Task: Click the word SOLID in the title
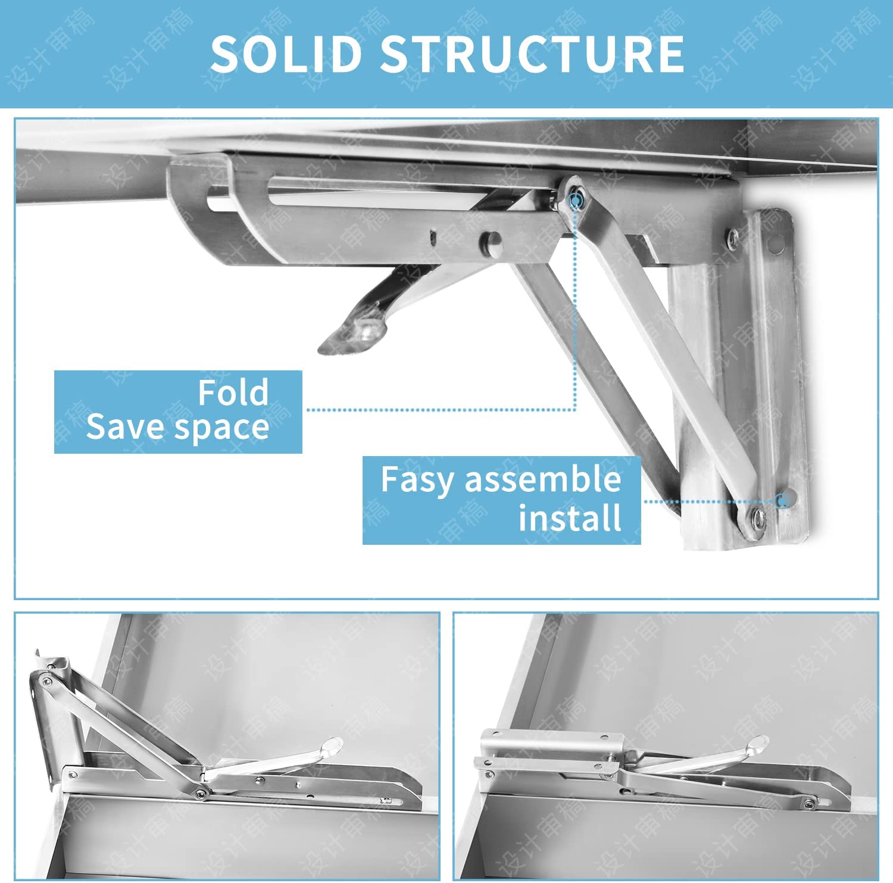click(286, 54)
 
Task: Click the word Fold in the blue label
click(233, 392)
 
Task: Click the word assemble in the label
click(542, 479)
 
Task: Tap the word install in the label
click(570, 517)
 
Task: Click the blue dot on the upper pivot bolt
click(575, 201)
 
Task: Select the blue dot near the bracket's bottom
click(783, 501)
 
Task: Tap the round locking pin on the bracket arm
click(492, 242)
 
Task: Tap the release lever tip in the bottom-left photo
click(331, 745)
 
